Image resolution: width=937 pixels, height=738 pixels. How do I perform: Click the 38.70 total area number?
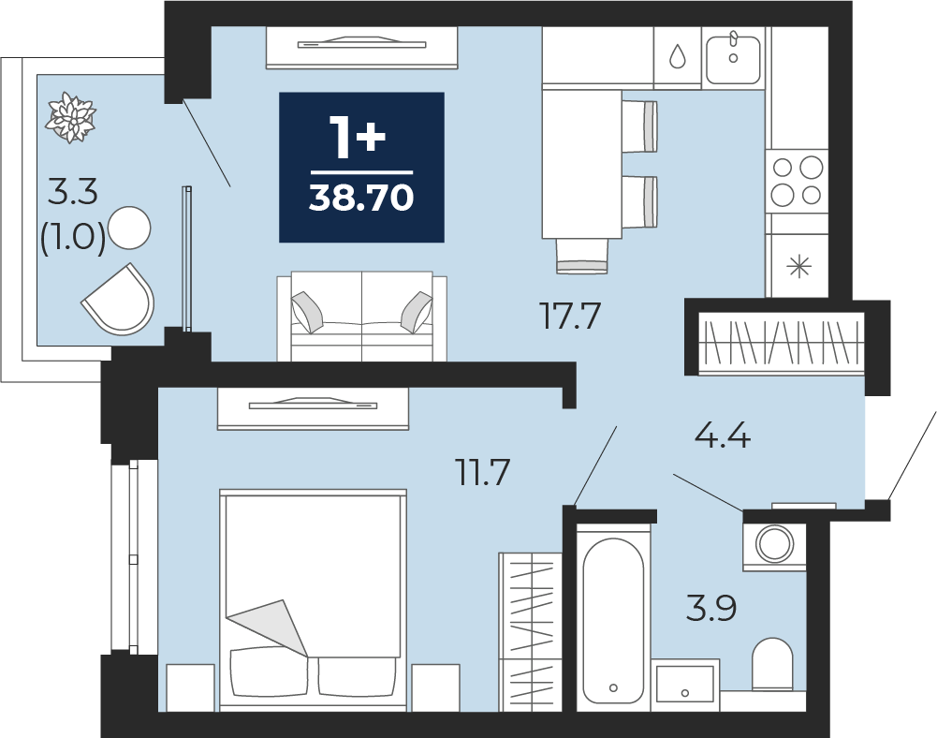(361, 198)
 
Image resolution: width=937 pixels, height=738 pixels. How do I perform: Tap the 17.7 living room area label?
(569, 316)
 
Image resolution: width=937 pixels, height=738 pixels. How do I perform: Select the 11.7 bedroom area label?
(482, 472)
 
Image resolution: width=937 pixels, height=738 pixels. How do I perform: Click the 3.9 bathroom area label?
(711, 608)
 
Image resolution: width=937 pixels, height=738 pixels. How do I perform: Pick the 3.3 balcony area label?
(72, 193)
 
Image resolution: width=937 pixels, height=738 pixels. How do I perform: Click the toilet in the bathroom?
(772, 664)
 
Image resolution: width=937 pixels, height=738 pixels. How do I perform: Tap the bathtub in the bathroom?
(613, 621)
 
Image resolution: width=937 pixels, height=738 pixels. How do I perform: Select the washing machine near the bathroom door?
(774, 544)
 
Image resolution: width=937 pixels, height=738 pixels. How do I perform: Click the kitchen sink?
(733, 59)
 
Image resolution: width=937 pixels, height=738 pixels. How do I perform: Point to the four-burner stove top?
(798, 180)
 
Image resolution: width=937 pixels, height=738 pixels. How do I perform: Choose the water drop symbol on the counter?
(677, 57)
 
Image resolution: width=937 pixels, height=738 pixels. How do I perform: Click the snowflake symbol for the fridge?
(799, 266)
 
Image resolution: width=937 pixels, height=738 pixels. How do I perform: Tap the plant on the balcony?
(71, 117)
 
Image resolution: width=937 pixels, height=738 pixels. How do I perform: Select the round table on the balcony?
(129, 228)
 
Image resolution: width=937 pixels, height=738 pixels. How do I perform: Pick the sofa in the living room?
(361, 316)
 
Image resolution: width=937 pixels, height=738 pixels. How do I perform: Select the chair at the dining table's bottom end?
(582, 256)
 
